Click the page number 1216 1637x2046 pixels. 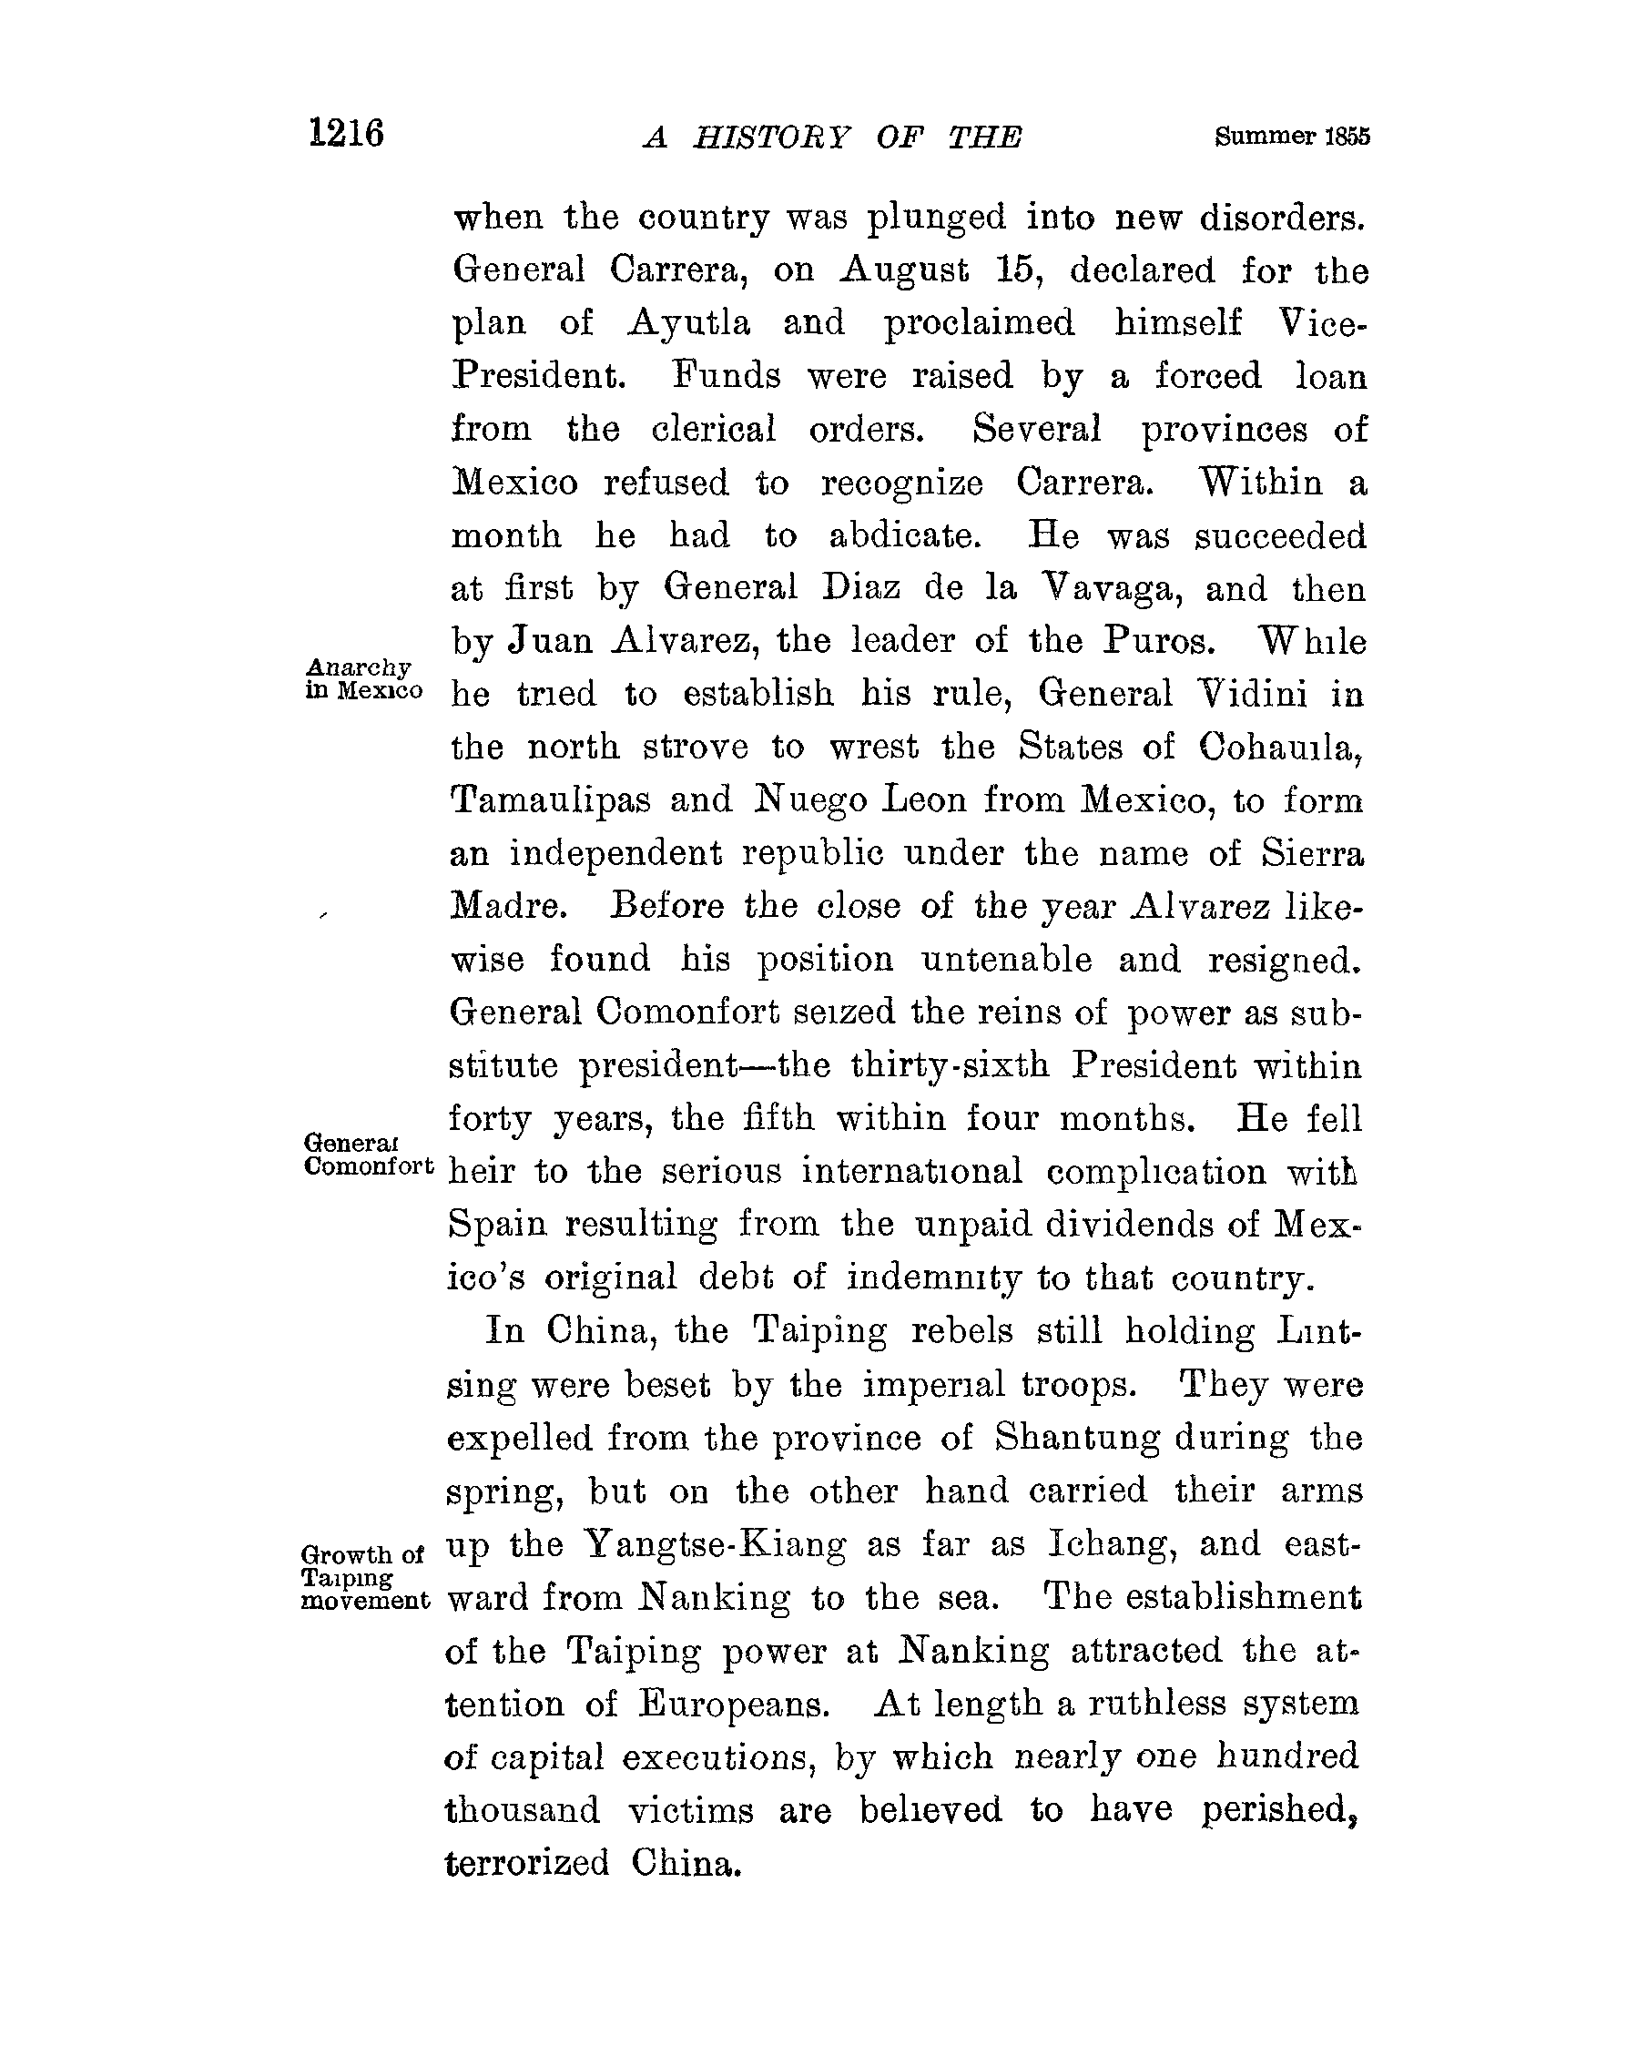(x=346, y=133)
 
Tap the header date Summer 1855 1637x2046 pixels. (x=1292, y=137)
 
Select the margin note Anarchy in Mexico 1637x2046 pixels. (x=362, y=679)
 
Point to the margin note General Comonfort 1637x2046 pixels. (x=368, y=1154)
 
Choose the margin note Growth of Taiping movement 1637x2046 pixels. (x=364, y=1577)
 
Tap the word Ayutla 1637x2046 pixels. (x=689, y=323)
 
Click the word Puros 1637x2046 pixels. (x=1159, y=642)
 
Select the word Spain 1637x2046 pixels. (x=497, y=1224)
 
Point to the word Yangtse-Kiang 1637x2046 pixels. (x=715, y=1545)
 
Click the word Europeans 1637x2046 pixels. (x=734, y=1705)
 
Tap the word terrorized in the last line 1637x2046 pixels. (x=526, y=1863)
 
